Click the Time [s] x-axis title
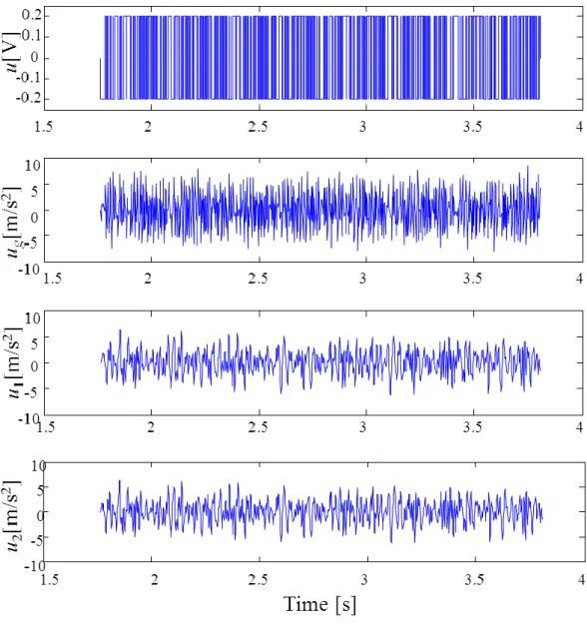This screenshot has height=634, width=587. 319,605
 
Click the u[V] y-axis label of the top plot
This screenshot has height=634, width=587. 13,53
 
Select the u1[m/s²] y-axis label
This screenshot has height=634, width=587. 13,362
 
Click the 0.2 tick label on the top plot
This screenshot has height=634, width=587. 32,15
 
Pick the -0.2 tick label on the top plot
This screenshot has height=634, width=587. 30,98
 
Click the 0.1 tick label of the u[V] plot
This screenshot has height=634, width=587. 32,36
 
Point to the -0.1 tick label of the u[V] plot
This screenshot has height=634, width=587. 30,77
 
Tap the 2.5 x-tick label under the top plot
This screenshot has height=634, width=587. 258,127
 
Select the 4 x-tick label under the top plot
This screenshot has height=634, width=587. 580,127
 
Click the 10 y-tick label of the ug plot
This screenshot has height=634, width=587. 32,166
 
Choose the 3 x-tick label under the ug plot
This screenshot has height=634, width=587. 363,279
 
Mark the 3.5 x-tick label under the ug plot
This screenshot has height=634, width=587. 472,279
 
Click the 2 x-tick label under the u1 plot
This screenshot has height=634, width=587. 151,427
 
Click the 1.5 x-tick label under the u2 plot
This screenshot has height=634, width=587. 50,580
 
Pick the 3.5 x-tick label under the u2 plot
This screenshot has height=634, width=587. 474,580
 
